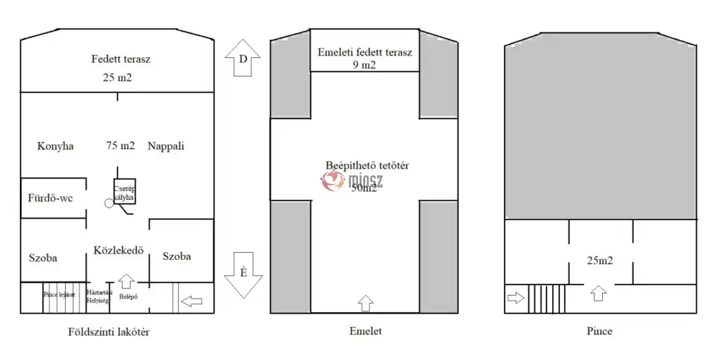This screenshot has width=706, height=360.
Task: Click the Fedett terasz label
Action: [x=121, y=59]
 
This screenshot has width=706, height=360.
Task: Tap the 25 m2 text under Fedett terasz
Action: [x=118, y=77]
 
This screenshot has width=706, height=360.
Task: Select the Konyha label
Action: [x=56, y=146]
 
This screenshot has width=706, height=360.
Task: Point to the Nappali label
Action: [x=166, y=146]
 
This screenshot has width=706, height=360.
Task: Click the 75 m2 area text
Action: [x=120, y=146]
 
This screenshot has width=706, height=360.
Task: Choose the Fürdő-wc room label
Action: [x=51, y=198]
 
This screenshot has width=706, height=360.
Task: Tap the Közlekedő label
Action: [x=119, y=249]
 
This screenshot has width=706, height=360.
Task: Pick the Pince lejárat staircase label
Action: [x=59, y=294]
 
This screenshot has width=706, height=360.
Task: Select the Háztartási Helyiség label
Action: [x=97, y=296]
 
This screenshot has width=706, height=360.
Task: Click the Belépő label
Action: [x=128, y=296]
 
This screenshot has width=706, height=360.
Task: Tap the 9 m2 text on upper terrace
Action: [x=364, y=66]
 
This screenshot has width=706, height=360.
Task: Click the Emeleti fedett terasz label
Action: [x=364, y=52]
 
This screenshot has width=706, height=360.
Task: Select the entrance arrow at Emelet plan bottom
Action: [x=365, y=304]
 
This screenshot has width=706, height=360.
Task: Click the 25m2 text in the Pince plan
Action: [x=601, y=260]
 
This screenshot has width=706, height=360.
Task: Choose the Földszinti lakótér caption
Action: [x=109, y=332]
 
